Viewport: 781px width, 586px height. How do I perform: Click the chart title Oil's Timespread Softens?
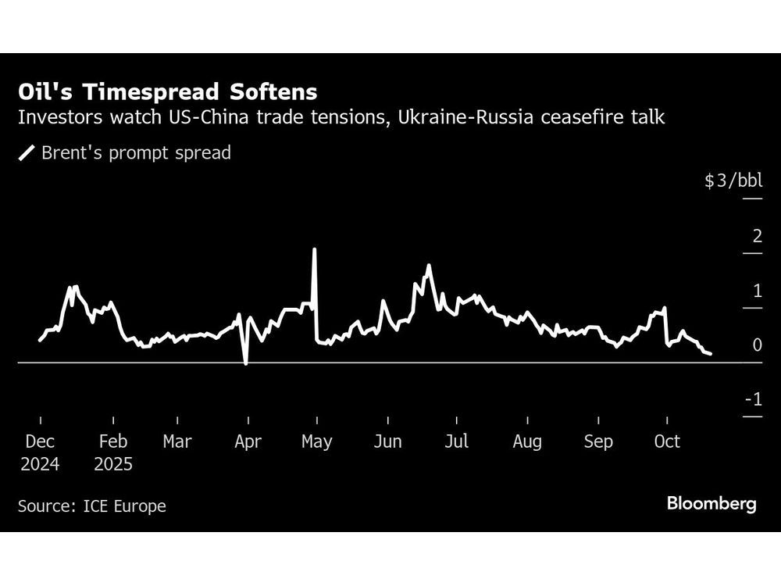pos(168,92)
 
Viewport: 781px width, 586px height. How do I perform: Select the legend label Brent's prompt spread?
pos(136,152)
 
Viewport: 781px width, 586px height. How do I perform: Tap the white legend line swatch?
pos(27,152)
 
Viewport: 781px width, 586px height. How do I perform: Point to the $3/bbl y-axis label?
pos(733,181)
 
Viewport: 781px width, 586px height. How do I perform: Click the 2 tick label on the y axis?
pos(756,236)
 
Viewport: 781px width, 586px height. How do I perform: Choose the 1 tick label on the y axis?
pos(756,291)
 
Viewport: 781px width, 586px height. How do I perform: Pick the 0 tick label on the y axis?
pos(756,345)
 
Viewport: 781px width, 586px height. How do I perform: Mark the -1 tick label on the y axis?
pos(753,400)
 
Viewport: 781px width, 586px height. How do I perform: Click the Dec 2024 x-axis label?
pos(39,452)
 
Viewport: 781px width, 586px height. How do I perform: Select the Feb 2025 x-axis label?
pos(113,452)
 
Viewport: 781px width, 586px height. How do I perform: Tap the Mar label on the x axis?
pos(177,441)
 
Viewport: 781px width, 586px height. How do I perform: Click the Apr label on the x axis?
pos(248,441)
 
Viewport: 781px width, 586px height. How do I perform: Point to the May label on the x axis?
pos(316,441)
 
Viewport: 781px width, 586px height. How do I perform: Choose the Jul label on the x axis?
pos(456,441)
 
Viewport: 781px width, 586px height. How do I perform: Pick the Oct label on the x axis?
pos(667,441)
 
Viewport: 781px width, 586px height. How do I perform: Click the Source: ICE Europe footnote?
pos(92,506)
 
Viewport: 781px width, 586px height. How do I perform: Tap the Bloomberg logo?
pos(711,504)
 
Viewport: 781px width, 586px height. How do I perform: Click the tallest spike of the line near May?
pos(314,250)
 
